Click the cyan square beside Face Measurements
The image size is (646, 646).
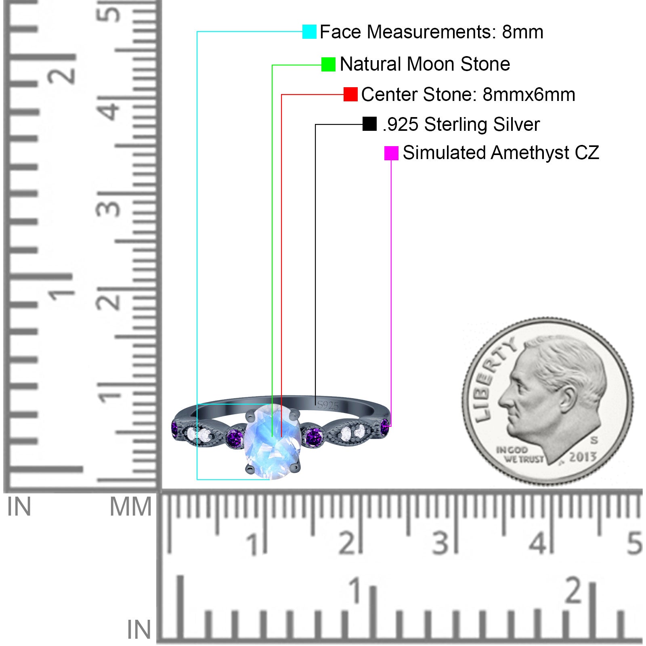pos(309,31)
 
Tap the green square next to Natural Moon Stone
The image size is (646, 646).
pos(328,64)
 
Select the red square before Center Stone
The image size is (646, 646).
pos(350,94)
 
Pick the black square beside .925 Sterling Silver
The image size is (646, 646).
pos(369,124)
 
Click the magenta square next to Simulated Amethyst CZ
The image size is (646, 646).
pos(391,153)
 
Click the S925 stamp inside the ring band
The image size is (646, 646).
pos(328,405)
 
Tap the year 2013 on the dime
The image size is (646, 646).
pos(583,457)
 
